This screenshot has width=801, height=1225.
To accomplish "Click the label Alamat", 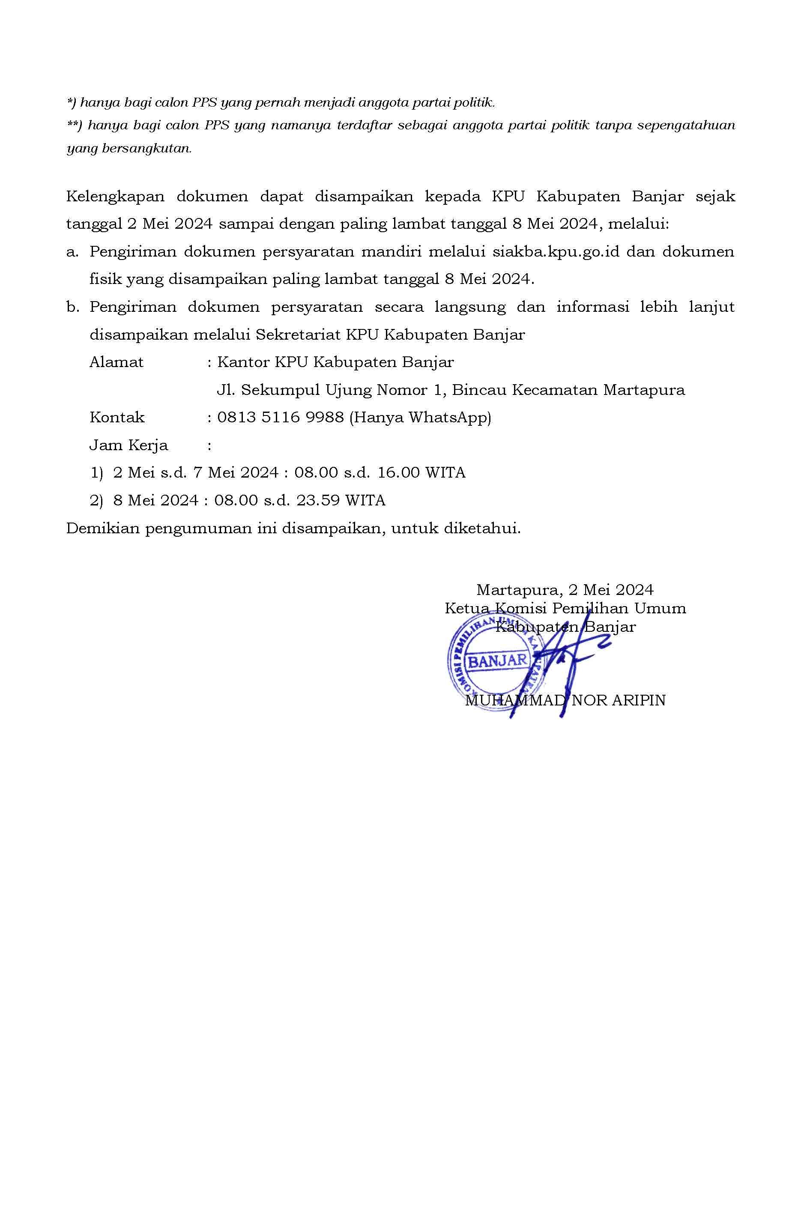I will click(117, 362).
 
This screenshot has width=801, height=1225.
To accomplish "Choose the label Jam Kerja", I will click(129, 445).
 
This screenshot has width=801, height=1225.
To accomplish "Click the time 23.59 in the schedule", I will click(318, 500).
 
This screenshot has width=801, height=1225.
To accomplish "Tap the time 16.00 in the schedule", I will click(398, 472).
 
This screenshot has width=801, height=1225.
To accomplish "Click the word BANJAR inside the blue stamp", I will click(497, 660).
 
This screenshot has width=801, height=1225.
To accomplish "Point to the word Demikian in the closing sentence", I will click(102, 529).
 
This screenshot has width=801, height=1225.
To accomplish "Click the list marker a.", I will click(72, 252).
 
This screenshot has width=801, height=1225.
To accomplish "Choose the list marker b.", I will click(72, 307).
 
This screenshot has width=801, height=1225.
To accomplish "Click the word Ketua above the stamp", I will click(466, 608).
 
